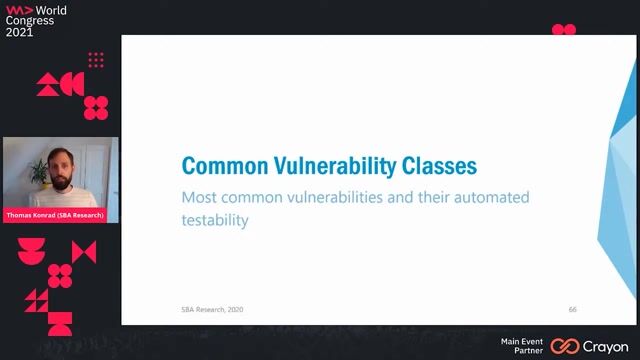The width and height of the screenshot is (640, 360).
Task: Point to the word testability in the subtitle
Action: [x=213, y=220]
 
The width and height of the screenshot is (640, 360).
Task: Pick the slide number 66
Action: [x=572, y=309]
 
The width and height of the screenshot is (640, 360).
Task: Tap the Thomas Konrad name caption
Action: [x=61, y=215]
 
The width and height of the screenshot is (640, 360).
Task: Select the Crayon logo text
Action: [x=606, y=346]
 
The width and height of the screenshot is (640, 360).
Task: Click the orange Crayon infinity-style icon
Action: [x=565, y=346]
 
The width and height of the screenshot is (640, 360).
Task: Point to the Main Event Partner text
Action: [x=522, y=346]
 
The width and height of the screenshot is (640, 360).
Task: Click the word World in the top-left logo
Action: [x=51, y=8]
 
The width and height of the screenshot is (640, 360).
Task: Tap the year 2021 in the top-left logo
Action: [x=19, y=32]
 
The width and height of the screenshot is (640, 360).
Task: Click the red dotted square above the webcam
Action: [x=96, y=60]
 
